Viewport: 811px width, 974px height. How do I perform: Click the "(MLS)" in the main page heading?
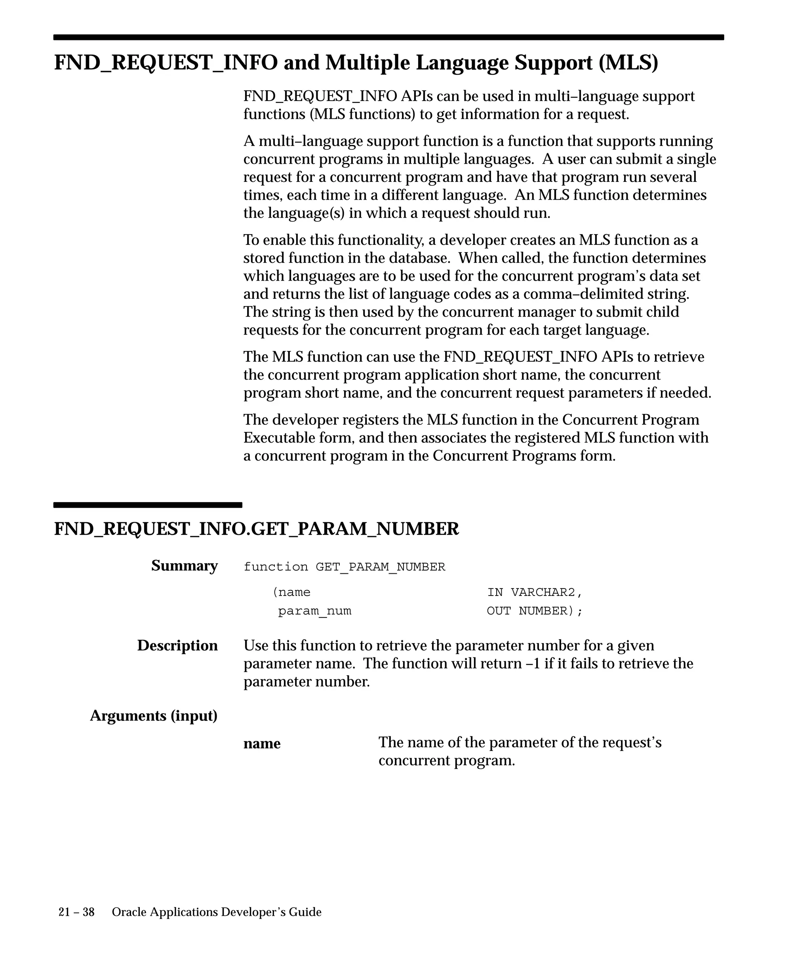(x=628, y=63)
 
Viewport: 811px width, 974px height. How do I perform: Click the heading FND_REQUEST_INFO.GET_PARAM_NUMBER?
(x=256, y=529)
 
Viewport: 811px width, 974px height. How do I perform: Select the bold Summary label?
(x=184, y=566)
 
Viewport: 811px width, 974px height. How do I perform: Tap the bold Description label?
(x=177, y=646)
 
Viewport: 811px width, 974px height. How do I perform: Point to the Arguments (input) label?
(x=153, y=716)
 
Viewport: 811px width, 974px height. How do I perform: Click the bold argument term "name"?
(x=262, y=743)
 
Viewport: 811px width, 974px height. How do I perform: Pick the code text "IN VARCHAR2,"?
(x=534, y=592)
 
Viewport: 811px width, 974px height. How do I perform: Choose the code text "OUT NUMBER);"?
(x=534, y=611)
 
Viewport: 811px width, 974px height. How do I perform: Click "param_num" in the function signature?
(x=315, y=611)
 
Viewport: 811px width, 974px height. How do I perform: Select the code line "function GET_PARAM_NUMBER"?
(x=345, y=567)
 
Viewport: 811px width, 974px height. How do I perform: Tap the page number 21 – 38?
(x=76, y=912)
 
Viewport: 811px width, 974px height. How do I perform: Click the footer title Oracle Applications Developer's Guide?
(x=217, y=912)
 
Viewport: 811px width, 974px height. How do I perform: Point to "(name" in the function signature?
(x=291, y=592)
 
